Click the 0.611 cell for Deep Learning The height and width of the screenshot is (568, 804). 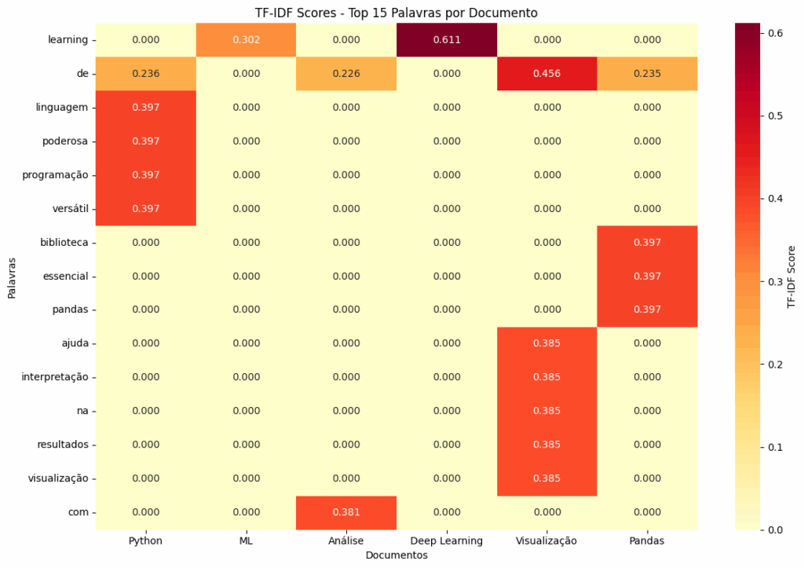coord(447,39)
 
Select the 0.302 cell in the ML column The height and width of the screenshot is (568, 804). coord(246,39)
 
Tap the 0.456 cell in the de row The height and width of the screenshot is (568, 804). coord(547,73)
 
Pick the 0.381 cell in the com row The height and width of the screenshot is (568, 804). coord(346,512)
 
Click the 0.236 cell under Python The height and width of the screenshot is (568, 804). coord(146,73)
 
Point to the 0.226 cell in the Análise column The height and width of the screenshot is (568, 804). coord(346,73)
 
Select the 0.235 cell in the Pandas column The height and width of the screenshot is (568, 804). coord(648,73)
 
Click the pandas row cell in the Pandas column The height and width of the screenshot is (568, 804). coord(648,310)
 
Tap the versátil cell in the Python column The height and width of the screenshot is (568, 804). coord(146,208)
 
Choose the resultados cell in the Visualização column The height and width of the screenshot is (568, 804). coord(547,445)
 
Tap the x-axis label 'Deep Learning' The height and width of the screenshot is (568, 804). coord(447,541)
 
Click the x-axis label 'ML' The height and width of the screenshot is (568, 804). coord(246,541)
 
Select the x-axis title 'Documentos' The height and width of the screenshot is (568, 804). coord(397,555)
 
